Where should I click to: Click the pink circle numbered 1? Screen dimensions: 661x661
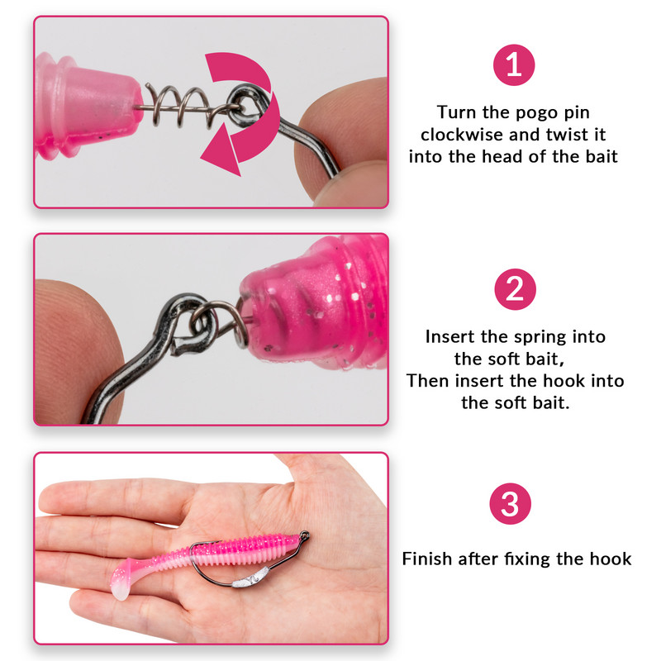(513, 65)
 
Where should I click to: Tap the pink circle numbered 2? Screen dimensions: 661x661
(515, 289)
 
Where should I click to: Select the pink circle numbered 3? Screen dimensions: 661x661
(510, 503)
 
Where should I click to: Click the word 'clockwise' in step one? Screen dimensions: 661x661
(461, 135)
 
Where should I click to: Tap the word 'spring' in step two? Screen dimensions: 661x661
(540, 337)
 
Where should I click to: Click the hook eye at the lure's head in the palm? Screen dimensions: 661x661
(304, 535)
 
